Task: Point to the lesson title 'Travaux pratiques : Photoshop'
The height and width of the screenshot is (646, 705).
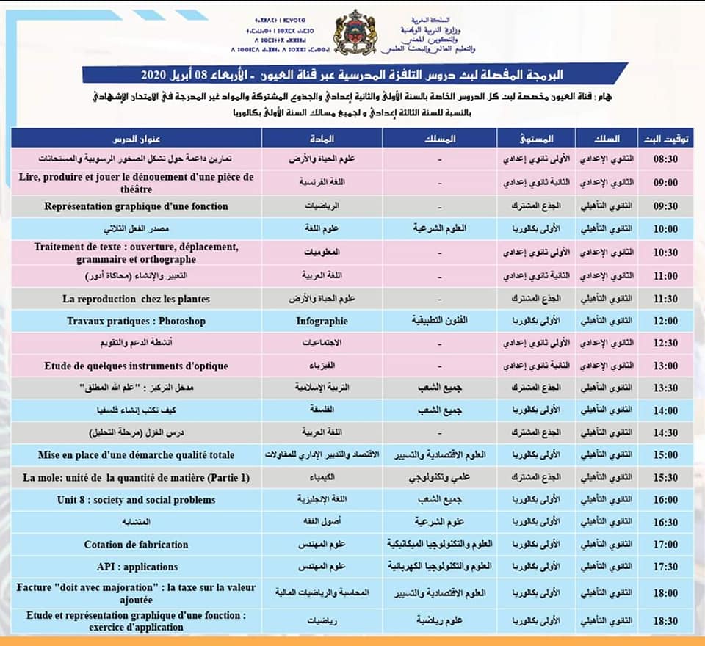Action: tap(136, 321)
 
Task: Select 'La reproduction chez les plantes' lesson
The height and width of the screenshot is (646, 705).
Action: tap(136, 299)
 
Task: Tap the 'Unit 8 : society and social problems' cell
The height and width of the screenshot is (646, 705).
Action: tap(136, 500)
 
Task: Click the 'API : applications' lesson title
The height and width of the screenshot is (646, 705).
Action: tap(136, 567)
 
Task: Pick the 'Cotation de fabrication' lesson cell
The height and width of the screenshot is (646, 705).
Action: tap(136, 545)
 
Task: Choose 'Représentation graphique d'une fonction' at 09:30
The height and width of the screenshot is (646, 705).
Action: tap(136, 206)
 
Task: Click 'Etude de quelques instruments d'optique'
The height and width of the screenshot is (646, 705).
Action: tap(136, 366)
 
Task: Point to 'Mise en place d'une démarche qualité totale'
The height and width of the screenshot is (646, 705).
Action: tap(136, 455)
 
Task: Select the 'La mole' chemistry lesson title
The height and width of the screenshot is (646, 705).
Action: tap(136, 478)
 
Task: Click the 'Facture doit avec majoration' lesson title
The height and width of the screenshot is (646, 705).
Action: tap(136, 592)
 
